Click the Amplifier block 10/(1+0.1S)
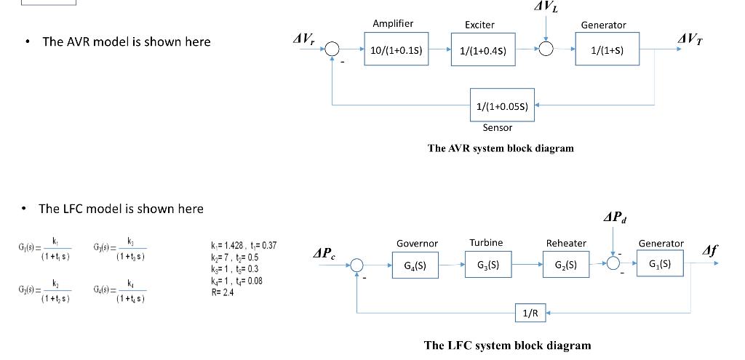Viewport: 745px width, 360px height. click(x=397, y=50)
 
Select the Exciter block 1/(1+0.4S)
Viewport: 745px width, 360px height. click(x=482, y=50)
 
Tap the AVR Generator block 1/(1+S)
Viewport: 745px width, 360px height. click(x=606, y=50)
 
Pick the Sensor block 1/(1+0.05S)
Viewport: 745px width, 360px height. click(x=501, y=106)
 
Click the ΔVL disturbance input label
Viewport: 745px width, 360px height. click(x=546, y=8)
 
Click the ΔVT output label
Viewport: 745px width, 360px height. click(x=690, y=38)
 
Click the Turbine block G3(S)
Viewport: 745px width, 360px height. click(x=489, y=265)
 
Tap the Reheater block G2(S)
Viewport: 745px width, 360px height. click(x=567, y=265)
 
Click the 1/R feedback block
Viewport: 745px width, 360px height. click(x=530, y=313)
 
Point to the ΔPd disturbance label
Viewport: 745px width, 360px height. click(x=615, y=217)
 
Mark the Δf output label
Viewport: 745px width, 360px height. click(x=710, y=251)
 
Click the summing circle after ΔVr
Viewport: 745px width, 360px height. click(x=332, y=49)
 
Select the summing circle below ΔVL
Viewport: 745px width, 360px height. click(x=546, y=49)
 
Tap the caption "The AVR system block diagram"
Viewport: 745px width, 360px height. click(x=501, y=148)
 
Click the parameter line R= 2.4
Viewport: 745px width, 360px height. click(x=221, y=292)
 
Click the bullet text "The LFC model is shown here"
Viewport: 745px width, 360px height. click(x=121, y=209)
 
